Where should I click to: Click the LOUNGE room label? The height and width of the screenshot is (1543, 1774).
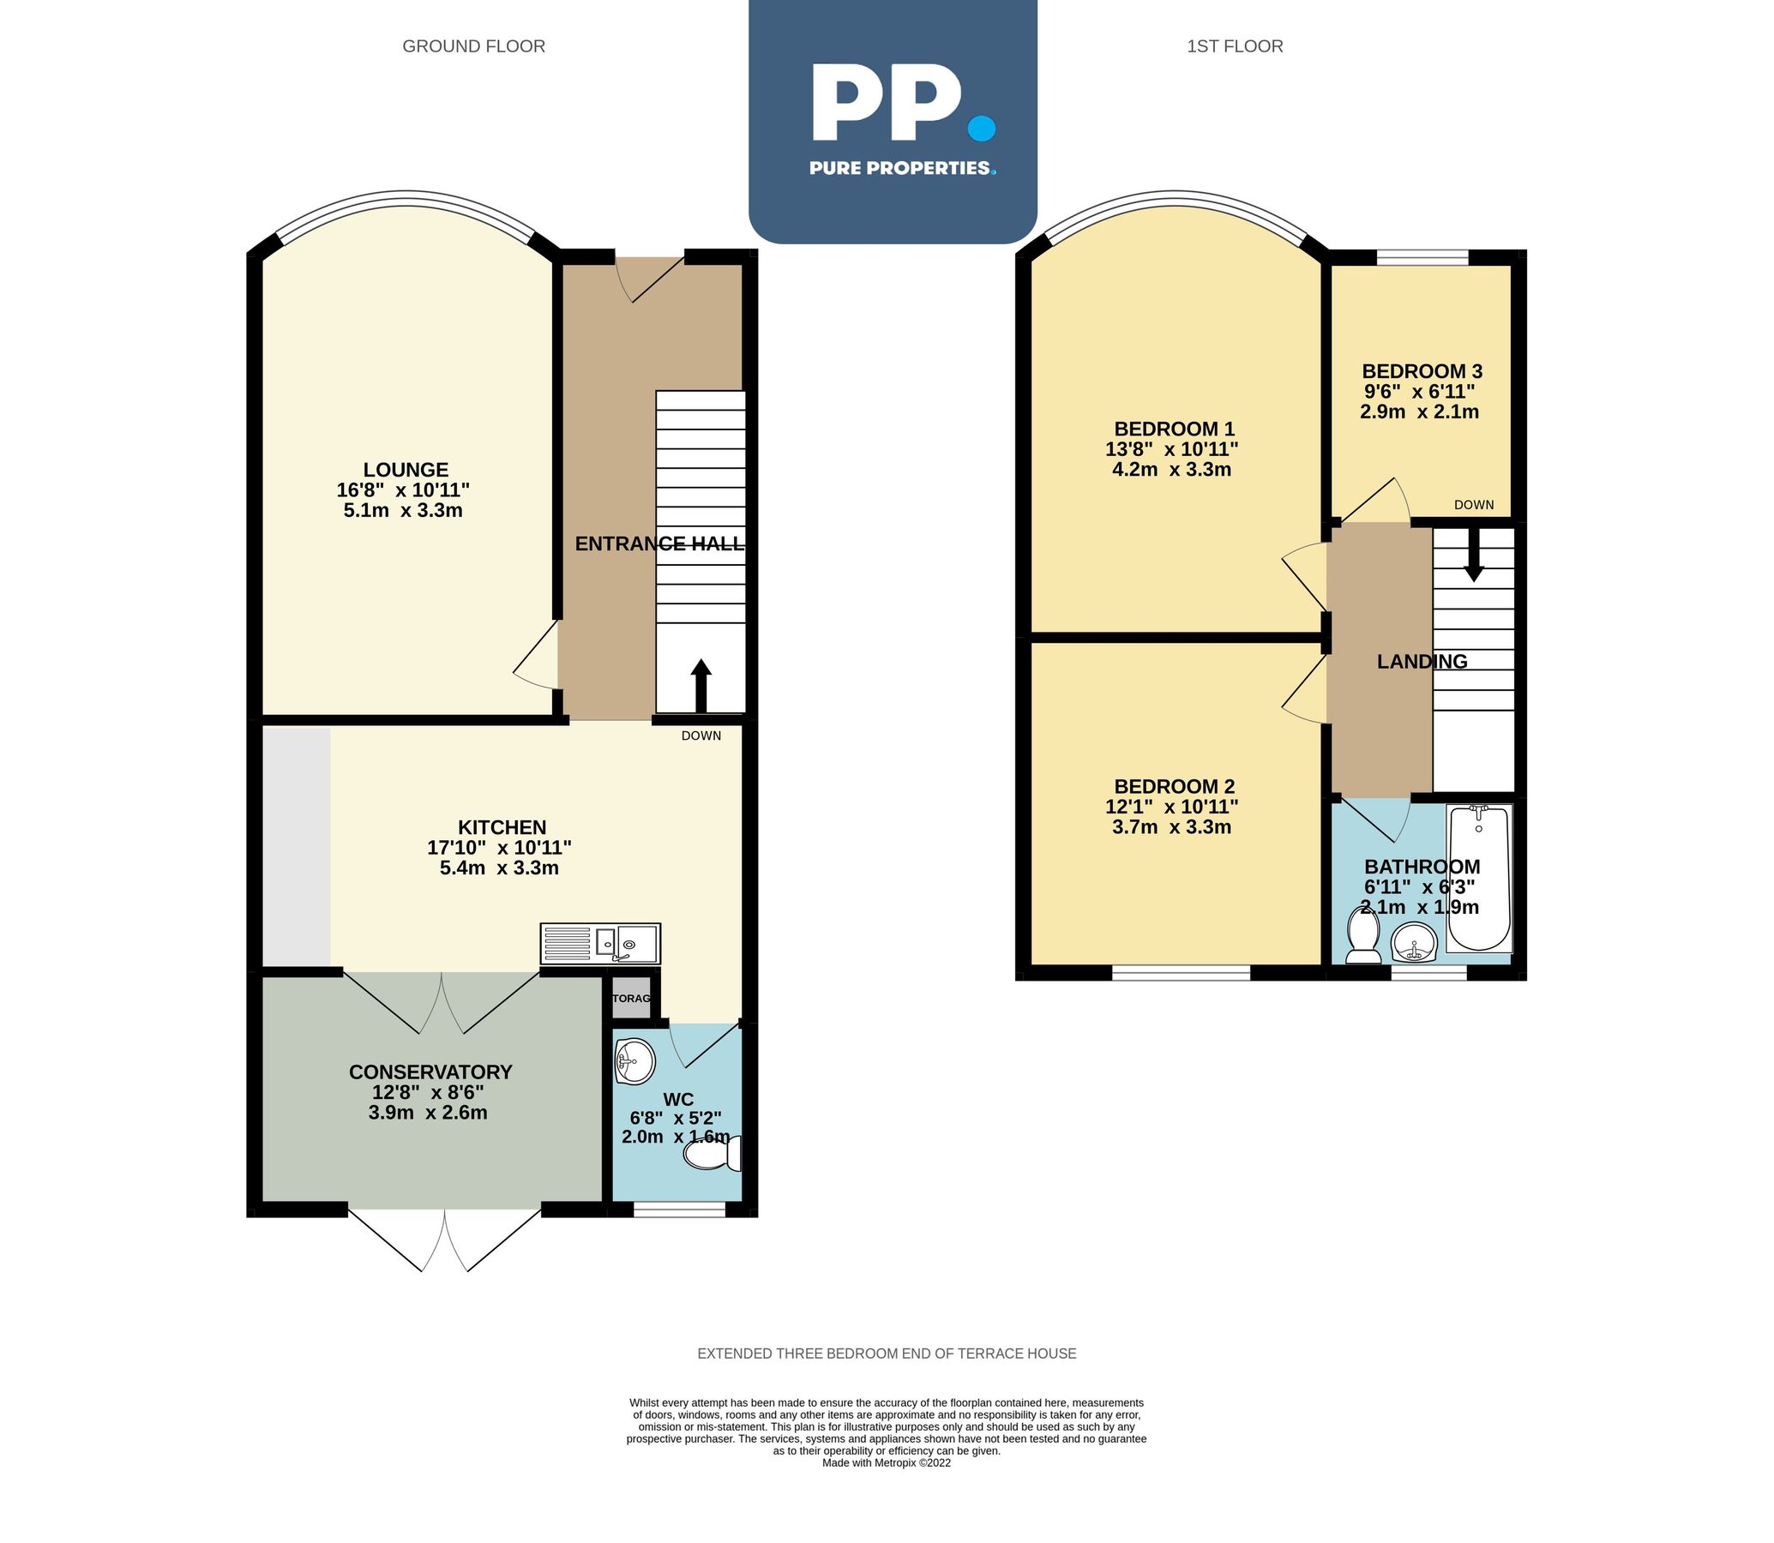tap(406, 470)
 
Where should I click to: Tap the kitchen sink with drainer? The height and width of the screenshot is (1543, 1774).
tap(600, 944)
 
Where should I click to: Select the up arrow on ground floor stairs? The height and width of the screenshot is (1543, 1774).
tap(701, 686)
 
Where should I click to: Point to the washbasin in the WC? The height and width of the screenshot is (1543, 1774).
tap(635, 1061)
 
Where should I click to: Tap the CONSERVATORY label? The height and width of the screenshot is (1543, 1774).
tap(430, 1072)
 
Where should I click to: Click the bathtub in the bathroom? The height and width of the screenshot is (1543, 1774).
tap(1479, 879)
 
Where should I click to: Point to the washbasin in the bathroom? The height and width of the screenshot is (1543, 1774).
tap(1414, 942)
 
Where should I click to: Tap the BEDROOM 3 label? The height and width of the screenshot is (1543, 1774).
tap(1422, 372)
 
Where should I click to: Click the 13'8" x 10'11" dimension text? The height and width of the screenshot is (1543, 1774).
tap(1171, 449)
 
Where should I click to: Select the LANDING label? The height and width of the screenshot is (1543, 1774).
tap(1422, 661)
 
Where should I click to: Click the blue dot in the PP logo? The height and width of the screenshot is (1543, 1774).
tap(982, 129)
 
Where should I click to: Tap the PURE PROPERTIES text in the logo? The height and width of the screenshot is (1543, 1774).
tap(901, 168)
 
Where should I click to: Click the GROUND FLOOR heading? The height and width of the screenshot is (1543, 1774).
tap(473, 46)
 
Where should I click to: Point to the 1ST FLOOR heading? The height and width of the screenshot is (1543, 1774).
tap(1234, 46)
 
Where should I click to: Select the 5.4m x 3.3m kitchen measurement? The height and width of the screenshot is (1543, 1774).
tap(500, 868)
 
